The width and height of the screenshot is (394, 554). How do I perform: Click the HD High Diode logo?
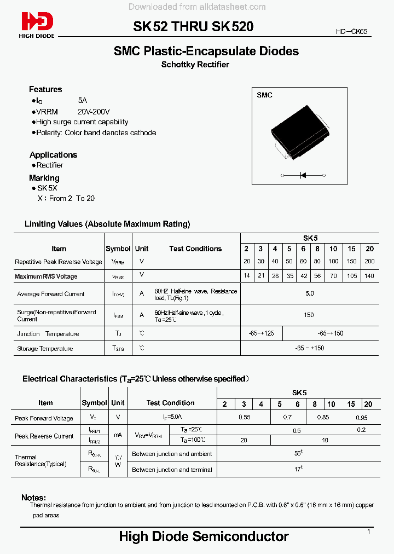(37, 24)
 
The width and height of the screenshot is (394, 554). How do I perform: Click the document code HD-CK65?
(352, 32)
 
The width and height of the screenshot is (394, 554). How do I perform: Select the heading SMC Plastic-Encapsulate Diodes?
(206, 51)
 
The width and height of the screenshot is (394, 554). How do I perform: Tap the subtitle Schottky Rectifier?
(195, 65)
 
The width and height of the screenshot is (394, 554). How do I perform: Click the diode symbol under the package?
(303, 175)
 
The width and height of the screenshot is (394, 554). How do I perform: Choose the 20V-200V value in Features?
(94, 111)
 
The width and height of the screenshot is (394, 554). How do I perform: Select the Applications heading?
(53, 155)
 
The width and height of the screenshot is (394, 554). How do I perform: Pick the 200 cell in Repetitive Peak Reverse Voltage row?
(369, 262)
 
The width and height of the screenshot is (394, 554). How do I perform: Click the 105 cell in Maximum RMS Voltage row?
(351, 276)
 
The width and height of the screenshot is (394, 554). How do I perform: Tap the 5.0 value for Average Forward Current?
(309, 294)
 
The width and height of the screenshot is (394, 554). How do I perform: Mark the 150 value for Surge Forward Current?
(309, 315)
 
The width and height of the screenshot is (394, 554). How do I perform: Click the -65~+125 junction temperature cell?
(261, 333)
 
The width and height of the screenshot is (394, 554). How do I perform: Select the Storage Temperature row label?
(45, 348)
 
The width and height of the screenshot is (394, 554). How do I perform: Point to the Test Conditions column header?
(195, 249)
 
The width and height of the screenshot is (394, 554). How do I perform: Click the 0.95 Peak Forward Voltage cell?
(362, 418)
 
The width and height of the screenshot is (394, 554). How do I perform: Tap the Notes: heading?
(33, 498)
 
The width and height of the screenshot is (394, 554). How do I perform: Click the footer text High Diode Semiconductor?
(204, 536)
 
